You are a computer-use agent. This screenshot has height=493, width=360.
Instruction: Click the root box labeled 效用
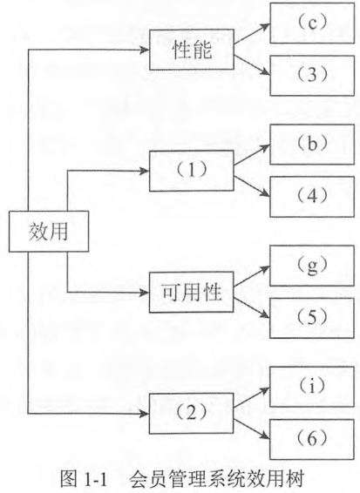49,232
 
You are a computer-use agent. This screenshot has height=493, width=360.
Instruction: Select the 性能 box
191,50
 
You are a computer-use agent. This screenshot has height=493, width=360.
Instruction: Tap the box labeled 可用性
191,292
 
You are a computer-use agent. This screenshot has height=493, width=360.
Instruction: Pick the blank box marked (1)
191,171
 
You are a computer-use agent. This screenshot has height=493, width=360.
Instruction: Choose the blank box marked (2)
191,414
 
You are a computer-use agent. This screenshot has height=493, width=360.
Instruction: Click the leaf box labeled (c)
312,23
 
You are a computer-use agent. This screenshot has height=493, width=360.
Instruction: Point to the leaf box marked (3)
312,76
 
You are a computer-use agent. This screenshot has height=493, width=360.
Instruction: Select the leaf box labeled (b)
312,145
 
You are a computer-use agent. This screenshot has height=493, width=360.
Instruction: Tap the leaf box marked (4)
312,197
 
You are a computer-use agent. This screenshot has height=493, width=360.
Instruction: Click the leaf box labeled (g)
312,266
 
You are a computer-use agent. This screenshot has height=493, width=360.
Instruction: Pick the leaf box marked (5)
312,318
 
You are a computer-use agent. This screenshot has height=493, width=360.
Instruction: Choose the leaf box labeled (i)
312,387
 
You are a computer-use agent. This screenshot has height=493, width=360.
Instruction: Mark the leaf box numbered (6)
312,439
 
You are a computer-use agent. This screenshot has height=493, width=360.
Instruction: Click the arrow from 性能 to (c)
252,34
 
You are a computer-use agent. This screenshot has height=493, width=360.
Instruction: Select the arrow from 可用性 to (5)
252,307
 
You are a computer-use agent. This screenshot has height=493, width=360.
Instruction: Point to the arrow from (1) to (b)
252,155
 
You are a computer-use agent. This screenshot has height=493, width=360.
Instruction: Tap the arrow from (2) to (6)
252,429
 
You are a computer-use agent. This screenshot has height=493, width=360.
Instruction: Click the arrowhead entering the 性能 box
145,50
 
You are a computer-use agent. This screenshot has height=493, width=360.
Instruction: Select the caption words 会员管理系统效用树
217,480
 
